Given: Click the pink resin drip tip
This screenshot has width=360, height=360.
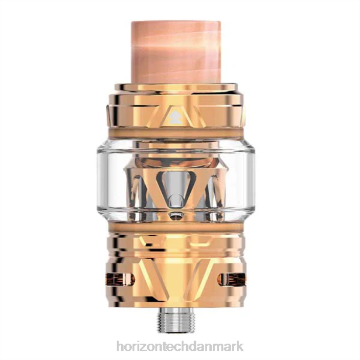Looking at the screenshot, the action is point(177,52).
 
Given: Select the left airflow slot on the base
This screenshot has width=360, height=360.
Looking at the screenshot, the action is point(120,280).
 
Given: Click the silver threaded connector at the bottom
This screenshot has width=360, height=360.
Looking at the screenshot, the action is point(176,320).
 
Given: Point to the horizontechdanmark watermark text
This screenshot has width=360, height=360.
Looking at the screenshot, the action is point(180,346).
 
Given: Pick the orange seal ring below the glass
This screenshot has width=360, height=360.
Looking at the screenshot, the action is point(176,227).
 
